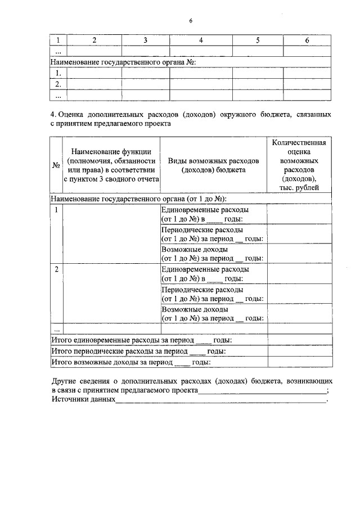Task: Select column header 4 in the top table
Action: (x=201, y=40)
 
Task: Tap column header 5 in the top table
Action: (x=258, y=40)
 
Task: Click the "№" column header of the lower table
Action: (x=56, y=165)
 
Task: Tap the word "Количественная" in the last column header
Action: (x=299, y=143)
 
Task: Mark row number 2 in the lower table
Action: (x=56, y=269)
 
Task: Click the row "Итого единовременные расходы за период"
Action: (x=122, y=340)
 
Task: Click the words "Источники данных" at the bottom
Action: (x=83, y=399)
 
